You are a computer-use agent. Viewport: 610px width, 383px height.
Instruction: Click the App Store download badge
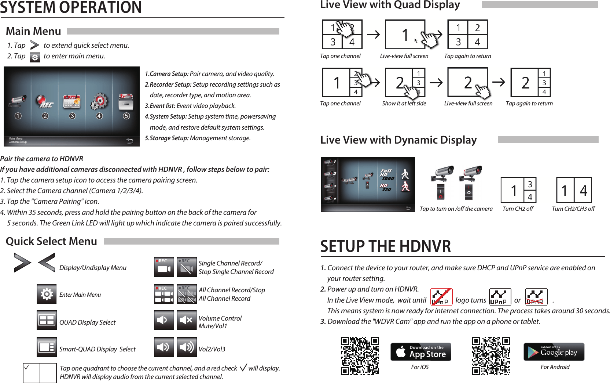point(420,352)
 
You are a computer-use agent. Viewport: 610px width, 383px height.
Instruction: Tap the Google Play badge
point(554,352)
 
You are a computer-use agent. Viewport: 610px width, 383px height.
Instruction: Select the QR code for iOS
point(360,356)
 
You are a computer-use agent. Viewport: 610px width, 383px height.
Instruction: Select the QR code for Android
point(491,356)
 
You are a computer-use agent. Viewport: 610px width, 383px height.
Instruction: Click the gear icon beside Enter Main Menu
point(47,294)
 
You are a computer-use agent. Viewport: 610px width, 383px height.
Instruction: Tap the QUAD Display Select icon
point(47,320)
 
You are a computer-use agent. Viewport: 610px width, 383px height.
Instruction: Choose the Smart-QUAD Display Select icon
point(47,347)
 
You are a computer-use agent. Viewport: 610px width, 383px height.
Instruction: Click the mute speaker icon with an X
point(187,320)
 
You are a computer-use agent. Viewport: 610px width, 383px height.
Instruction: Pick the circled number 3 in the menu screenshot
point(72,116)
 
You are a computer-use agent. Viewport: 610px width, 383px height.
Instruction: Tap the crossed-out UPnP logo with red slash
point(441,297)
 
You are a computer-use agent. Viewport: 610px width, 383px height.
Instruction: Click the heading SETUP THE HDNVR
point(385,246)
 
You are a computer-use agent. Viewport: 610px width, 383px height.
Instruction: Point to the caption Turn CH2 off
point(518,209)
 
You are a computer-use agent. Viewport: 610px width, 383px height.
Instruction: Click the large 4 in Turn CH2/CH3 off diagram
point(583,191)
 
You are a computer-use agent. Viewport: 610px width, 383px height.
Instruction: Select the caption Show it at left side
point(404,104)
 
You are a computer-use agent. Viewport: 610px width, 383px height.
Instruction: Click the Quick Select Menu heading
point(51,241)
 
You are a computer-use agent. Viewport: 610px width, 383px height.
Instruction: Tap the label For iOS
point(420,367)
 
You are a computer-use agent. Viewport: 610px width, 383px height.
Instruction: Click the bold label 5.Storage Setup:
point(167,138)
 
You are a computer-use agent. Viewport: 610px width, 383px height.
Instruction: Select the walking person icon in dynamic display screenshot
point(405,174)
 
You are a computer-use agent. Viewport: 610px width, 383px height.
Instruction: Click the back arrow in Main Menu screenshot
point(129,141)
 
